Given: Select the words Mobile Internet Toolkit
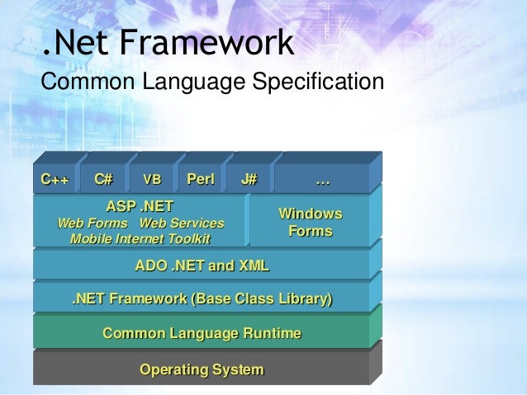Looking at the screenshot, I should point(140,239).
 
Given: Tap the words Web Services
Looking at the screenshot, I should point(182,223).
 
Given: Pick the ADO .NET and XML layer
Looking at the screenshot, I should point(202,266).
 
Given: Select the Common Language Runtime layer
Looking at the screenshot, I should point(202,333).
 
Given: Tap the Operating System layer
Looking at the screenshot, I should point(202,369).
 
